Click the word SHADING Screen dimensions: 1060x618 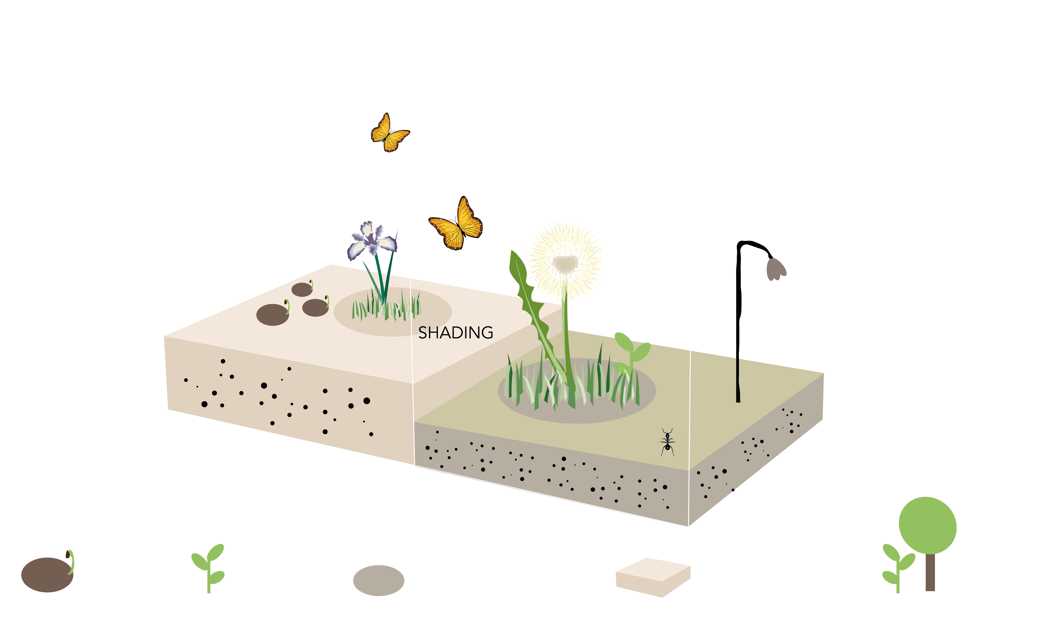(456, 333)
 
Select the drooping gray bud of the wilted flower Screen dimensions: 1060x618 (776, 269)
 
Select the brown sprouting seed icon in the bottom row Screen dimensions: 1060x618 (48, 574)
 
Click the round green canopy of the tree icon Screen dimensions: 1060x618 (927, 525)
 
